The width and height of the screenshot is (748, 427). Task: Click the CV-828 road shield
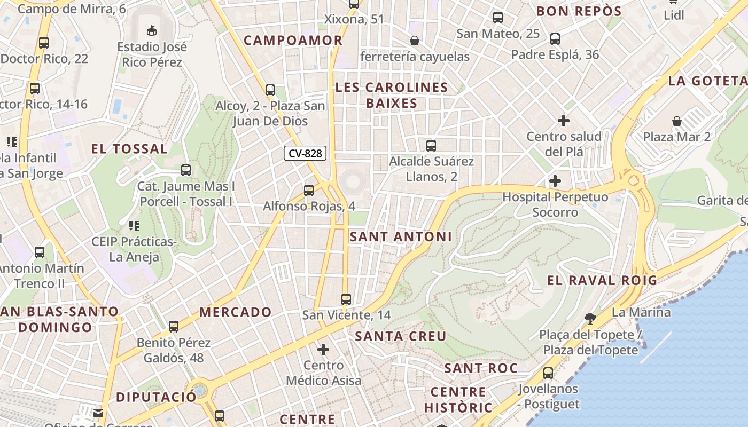(x=305, y=154)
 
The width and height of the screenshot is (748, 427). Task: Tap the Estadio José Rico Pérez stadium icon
(x=152, y=30)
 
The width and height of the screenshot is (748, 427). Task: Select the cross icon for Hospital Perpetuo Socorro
(x=555, y=181)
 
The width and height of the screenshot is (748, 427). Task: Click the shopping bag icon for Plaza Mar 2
(x=677, y=121)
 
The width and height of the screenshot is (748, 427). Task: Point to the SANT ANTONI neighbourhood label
(x=401, y=236)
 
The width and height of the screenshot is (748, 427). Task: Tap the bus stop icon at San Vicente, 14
(x=346, y=299)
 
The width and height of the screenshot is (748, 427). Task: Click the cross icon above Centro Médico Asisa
(x=323, y=350)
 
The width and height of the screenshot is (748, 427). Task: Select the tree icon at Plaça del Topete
(x=590, y=319)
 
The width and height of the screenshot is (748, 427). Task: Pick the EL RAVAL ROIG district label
(x=602, y=280)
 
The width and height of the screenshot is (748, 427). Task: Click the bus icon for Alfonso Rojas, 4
(x=309, y=191)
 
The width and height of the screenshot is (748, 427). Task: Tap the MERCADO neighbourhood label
(x=236, y=312)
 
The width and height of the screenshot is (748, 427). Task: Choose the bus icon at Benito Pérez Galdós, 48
(x=174, y=327)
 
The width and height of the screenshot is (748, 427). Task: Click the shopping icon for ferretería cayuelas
(x=414, y=41)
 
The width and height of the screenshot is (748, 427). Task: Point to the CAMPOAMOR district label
(x=293, y=41)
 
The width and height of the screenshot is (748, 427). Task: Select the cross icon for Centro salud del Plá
(x=563, y=121)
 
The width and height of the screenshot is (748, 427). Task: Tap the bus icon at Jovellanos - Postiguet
(x=548, y=373)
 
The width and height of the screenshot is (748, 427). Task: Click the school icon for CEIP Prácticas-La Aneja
(x=134, y=226)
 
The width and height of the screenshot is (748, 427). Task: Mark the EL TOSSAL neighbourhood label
(x=129, y=149)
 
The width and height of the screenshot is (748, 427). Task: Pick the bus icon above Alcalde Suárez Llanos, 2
(x=431, y=145)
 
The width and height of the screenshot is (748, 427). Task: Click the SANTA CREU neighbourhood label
(x=401, y=336)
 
